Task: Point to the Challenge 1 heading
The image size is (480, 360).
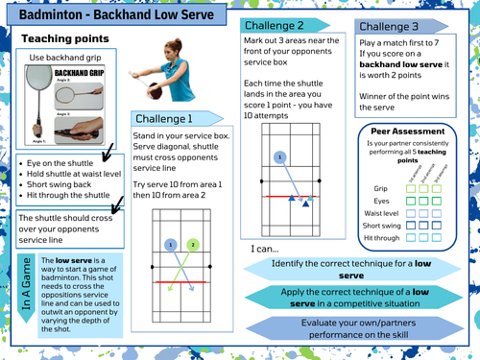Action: pyautogui.click(x=164, y=118)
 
